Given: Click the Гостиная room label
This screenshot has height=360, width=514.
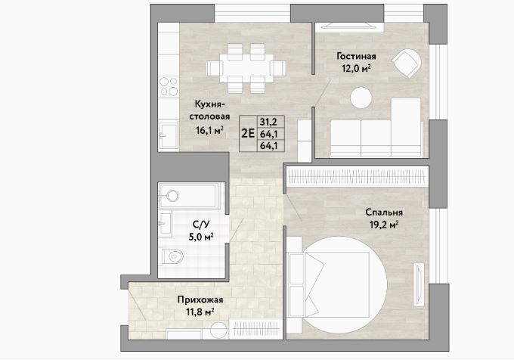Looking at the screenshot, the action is (356, 57).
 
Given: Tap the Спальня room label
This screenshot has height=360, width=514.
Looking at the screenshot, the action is (384, 213).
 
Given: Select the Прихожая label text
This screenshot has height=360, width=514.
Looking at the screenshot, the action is (200, 299).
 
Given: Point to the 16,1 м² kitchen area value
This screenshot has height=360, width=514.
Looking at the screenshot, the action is (210, 131).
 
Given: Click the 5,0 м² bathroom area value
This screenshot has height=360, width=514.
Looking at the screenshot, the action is (201, 237).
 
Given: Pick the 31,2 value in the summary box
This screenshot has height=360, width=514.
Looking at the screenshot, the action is (268, 122).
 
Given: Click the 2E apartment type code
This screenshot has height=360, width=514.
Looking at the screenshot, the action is (248, 133).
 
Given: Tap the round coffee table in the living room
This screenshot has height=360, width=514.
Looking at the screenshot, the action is (361, 98).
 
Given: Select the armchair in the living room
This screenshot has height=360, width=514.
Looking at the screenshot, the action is (407, 64).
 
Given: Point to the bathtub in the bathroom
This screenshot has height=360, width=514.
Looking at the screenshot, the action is (187, 196).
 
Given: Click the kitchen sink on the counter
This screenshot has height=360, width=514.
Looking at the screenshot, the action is (169, 135).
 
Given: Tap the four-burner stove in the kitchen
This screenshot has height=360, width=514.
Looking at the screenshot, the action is (169, 86).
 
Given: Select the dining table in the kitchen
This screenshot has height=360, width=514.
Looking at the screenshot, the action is (246, 68).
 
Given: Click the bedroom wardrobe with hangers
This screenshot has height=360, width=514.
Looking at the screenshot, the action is (358, 177).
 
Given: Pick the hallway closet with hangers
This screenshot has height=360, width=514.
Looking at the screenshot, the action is (255, 328).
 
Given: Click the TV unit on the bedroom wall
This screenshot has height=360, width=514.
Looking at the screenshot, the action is (419, 284).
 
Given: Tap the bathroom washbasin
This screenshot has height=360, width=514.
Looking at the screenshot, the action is (166, 223).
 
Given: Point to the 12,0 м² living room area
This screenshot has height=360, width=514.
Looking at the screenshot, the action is (356, 69).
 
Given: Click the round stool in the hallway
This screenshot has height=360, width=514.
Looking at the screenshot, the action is (218, 331).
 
